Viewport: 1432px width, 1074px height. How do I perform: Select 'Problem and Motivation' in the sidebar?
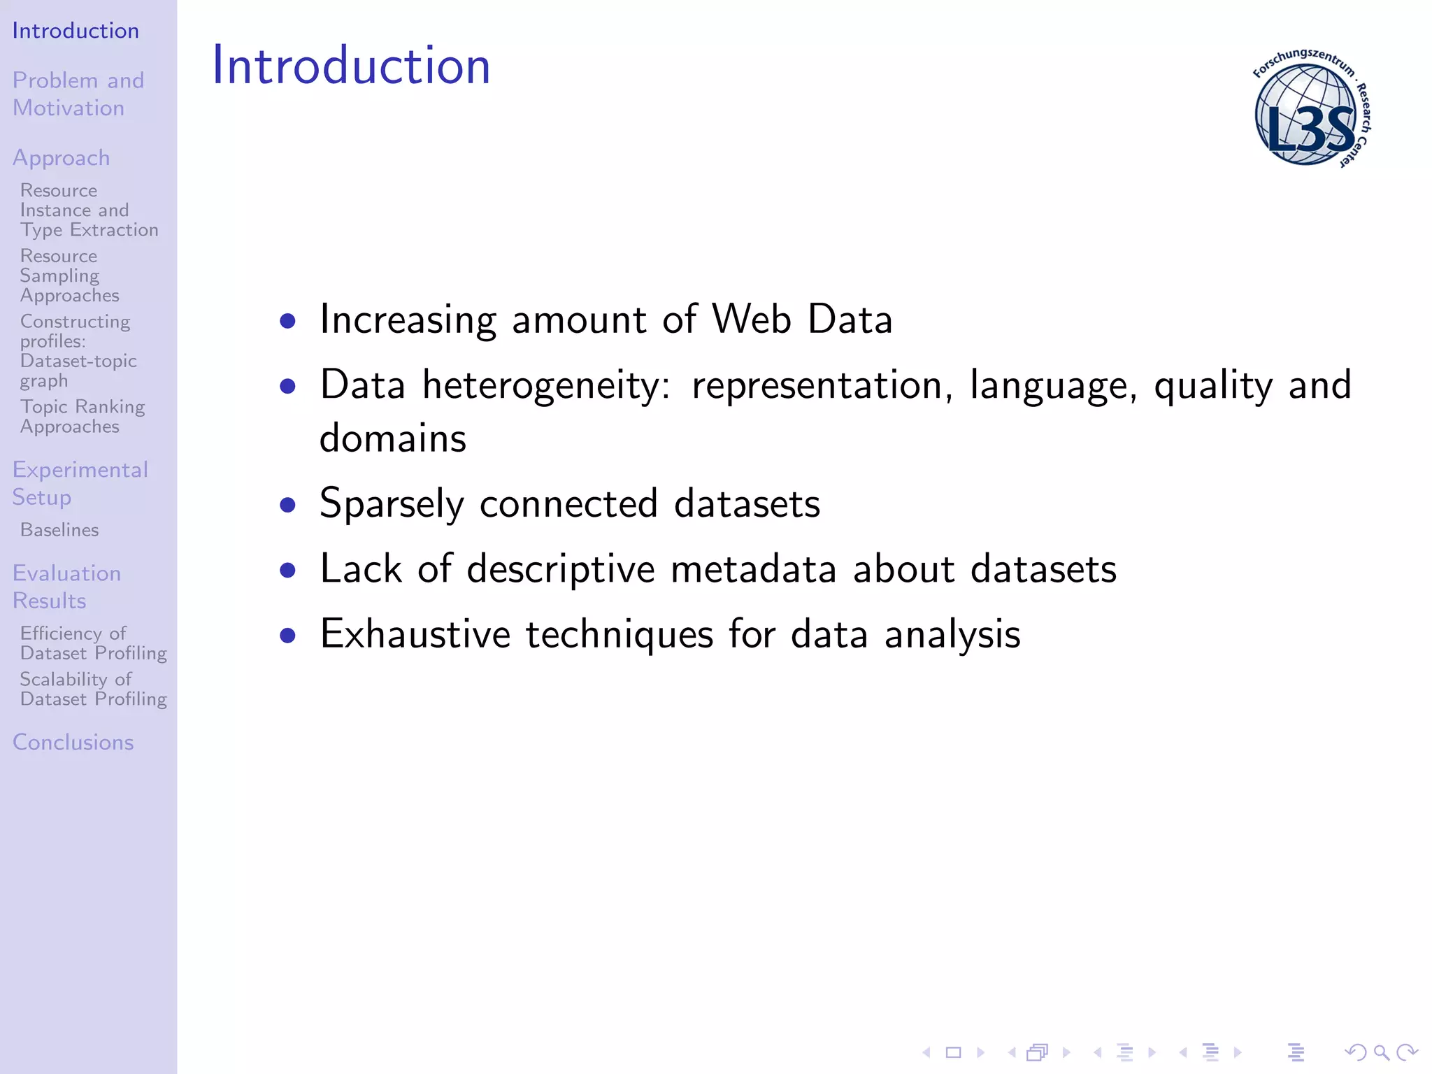(78, 94)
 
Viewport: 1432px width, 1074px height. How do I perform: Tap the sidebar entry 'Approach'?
(62, 158)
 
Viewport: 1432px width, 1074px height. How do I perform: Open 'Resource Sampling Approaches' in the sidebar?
(69, 275)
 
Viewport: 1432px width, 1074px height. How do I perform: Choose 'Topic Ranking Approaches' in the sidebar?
(82, 416)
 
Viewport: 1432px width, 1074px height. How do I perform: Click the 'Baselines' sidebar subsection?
(59, 530)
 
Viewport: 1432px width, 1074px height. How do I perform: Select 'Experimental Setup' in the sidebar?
(80, 483)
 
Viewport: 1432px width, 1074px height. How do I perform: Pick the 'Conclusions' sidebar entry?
(73, 742)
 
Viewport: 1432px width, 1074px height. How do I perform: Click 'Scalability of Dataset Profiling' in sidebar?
(93, 689)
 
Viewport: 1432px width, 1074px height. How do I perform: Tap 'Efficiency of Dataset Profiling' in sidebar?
(93, 643)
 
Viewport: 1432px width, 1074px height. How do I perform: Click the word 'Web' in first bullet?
(751, 320)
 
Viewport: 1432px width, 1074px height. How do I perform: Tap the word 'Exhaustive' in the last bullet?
(415, 634)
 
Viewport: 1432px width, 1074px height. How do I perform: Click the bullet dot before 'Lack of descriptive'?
(287, 570)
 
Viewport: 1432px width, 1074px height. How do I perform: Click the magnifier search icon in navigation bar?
(1381, 1052)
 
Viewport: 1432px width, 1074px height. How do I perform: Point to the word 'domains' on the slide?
(392, 439)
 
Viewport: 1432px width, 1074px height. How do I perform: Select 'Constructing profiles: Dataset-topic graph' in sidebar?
(78, 351)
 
